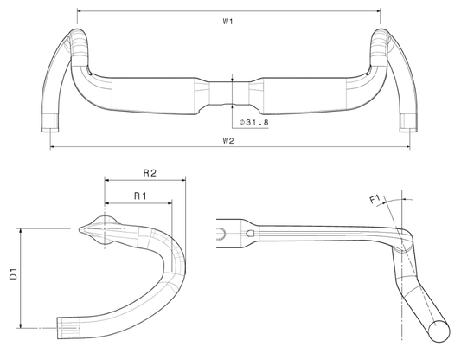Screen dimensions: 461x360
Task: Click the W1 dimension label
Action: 227,22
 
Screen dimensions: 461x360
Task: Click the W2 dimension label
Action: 228,140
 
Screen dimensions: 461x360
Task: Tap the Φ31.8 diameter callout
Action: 254,122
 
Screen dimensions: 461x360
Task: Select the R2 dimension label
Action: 150,173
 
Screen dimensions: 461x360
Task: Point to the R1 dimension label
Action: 140,196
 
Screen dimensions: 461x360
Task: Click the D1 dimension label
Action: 14,273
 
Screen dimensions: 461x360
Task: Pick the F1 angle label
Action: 375,199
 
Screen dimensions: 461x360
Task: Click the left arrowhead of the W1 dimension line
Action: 80,11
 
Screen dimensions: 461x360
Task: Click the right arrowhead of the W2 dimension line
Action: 407,146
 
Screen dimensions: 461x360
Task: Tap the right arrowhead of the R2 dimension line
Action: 183,180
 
